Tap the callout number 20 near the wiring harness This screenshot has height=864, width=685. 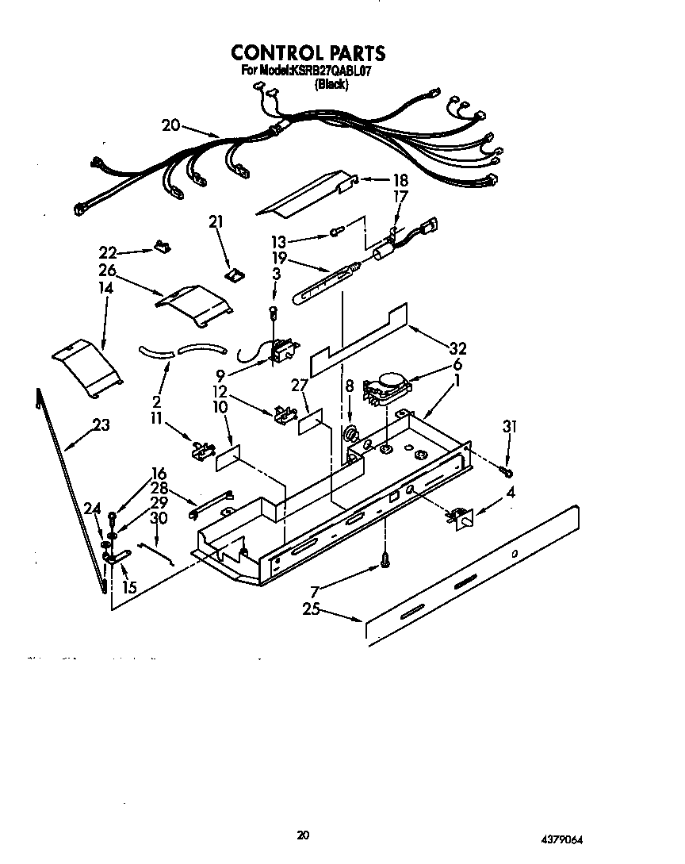(170, 125)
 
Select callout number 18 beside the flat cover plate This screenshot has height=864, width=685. (379, 179)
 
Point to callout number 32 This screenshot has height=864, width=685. (457, 348)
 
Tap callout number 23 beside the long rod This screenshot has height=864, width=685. (101, 425)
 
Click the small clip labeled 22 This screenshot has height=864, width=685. (163, 247)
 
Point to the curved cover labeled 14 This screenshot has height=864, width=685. (86, 367)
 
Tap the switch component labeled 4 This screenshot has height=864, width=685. (461, 517)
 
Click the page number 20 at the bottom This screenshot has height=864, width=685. (302, 835)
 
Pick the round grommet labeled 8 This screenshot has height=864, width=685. (350, 435)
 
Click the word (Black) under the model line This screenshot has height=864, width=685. (331, 84)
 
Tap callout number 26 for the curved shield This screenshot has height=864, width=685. (107, 271)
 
